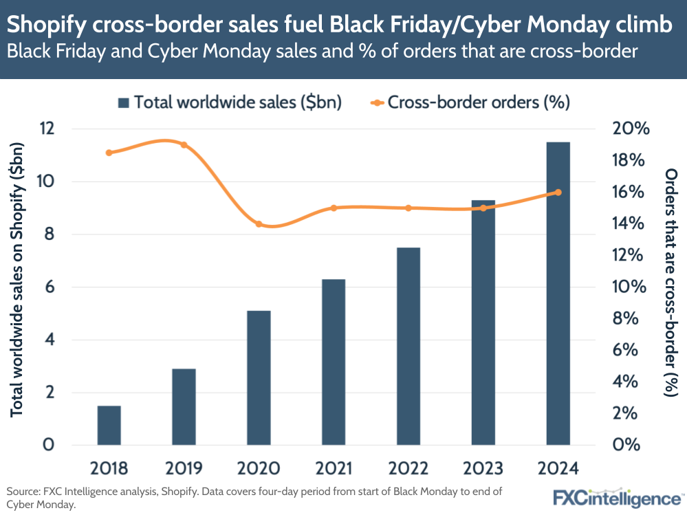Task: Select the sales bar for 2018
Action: point(109,425)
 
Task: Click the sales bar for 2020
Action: point(259,377)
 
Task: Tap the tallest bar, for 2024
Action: point(558,294)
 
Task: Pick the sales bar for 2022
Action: point(408,346)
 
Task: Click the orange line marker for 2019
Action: point(184,144)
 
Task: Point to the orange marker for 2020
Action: point(259,224)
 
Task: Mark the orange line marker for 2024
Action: point(558,193)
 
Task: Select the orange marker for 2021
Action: point(334,208)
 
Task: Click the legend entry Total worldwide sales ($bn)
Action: point(230,102)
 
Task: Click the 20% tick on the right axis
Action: point(626,129)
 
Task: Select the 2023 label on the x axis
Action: point(483,468)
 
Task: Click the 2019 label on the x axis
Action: point(184,468)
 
